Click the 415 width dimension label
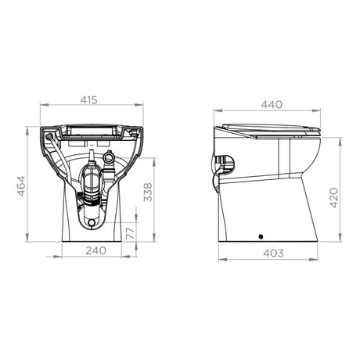88,100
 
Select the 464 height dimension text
21,186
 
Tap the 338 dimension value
148,193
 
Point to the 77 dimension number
130,233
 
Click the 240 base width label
96,250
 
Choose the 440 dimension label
272,105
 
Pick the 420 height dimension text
334,198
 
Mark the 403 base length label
273,254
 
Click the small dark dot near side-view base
261,236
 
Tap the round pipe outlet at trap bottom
92,222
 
